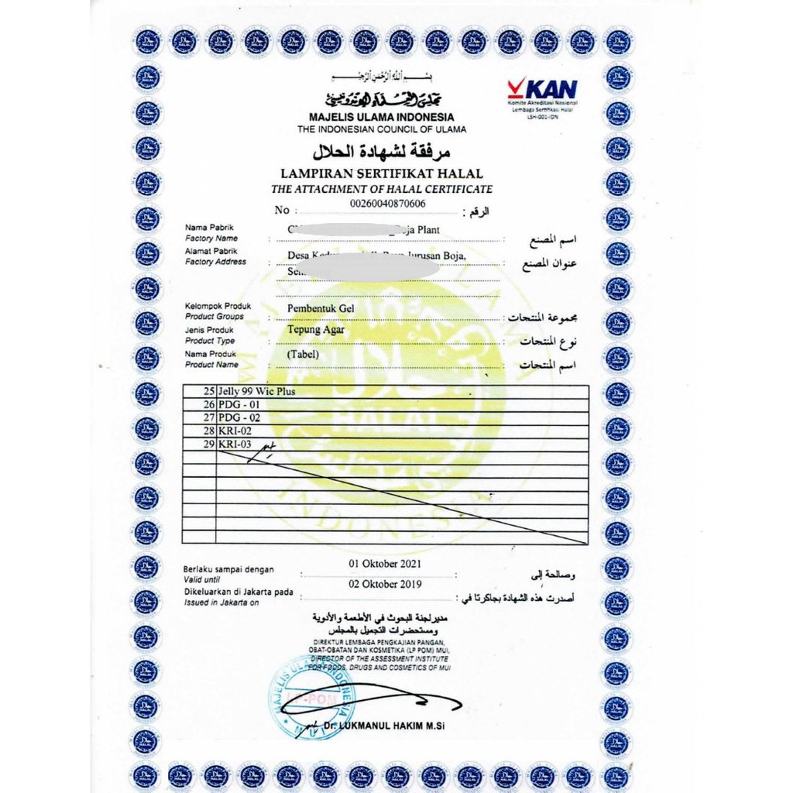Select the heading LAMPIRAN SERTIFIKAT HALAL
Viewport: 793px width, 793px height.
382,174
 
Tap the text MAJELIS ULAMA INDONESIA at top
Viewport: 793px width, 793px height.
382,117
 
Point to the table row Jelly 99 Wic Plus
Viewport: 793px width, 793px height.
258,392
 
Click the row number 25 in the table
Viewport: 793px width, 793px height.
208,392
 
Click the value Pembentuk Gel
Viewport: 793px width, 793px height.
321,309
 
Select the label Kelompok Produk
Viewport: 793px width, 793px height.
218,306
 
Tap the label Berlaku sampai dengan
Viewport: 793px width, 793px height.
228,570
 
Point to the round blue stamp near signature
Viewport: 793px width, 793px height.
312,696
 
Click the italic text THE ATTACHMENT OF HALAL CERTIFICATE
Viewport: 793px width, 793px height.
382,189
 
